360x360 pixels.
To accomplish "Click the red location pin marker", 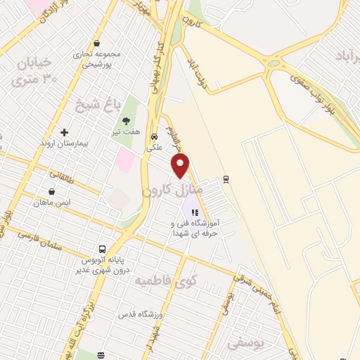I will (x=181, y=166).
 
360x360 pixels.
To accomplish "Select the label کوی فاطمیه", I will (x=167, y=281).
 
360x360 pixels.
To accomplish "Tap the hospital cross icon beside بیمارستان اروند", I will (x=64, y=131).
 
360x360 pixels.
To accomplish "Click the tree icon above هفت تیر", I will (x=127, y=120).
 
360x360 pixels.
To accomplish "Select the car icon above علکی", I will (x=153, y=137).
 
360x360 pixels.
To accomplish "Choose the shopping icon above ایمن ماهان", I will (x=51, y=191).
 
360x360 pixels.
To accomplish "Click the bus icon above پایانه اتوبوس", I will (x=103, y=249).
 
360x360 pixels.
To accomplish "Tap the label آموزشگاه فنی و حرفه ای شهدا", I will (x=196, y=226).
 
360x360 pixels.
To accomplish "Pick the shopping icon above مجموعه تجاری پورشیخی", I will (x=96, y=43).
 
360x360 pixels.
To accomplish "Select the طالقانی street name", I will (x=64, y=174).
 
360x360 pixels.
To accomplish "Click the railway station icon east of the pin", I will (x=226, y=179).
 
